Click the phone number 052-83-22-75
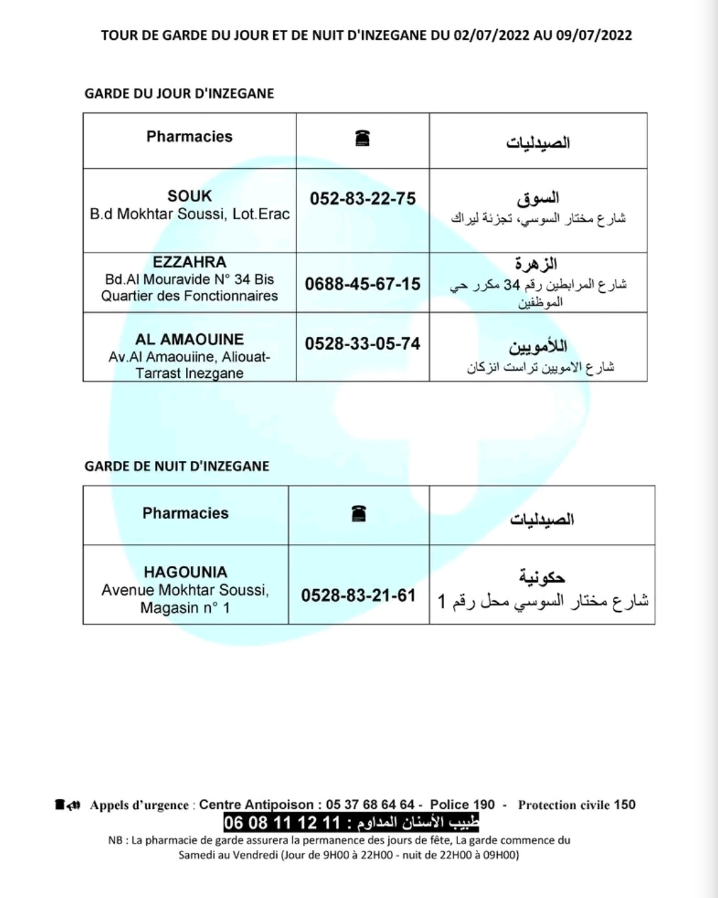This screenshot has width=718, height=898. (362, 199)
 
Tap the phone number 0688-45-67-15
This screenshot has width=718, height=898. (362, 284)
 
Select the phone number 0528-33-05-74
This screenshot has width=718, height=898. (362, 344)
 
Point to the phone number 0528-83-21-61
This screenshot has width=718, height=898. (358, 595)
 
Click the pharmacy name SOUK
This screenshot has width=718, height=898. (189, 196)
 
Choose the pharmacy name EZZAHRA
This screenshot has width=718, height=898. (189, 262)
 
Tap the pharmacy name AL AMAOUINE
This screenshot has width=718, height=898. (189, 339)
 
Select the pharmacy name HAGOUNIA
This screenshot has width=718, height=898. (185, 572)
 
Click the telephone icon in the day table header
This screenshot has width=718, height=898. (362, 138)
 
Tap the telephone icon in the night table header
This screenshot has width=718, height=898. (358, 513)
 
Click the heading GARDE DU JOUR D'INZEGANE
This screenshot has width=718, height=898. (179, 94)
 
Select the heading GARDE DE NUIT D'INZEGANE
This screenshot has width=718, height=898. (177, 466)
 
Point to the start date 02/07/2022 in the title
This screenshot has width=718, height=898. (491, 35)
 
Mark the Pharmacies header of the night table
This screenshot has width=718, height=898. (185, 513)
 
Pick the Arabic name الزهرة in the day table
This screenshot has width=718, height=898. (536, 264)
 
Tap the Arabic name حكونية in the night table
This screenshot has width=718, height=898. (542, 577)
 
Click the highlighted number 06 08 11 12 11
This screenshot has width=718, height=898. (282, 823)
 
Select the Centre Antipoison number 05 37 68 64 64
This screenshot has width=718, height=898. (370, 805)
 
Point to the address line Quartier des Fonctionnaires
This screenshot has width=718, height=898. (189, 296)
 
